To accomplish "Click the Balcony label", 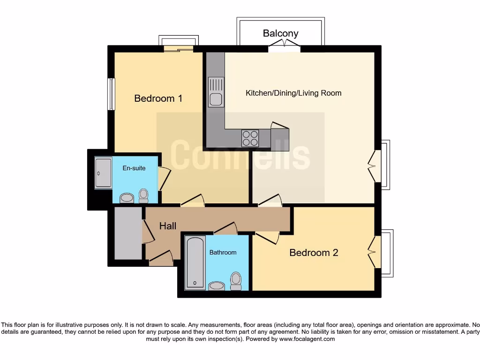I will pos(280,33).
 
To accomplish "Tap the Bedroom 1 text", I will pos(158,98).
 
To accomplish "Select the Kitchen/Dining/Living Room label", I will pos(293,93).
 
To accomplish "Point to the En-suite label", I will pos(134,168).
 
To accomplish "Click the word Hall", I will pos(168,226).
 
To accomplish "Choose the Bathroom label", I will pos(223,252).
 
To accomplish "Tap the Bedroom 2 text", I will pos(314,253).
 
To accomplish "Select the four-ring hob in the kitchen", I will pos(250,138).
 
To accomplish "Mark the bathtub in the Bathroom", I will pos(195,262).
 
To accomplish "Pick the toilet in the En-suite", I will pos(143,195).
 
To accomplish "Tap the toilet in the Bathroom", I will pos(236,279).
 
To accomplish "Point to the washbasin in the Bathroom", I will pos(217,285).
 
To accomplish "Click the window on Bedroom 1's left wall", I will pos(111,94).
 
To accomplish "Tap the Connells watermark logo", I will pos(240,155).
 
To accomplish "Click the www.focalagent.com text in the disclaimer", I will pos(307,339).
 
